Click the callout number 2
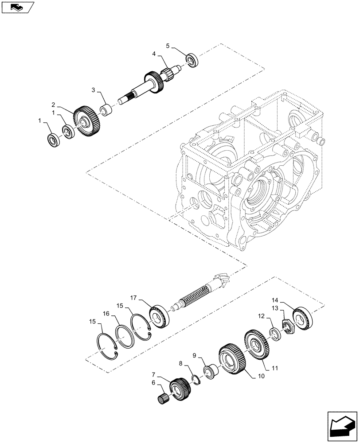(x=53, y=105)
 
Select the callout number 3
(x=94, y=90)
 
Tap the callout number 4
(x=154, y=54)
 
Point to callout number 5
(x=168, y=46)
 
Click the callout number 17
(x=133, y=296)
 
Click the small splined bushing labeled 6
(x=164, y=398)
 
